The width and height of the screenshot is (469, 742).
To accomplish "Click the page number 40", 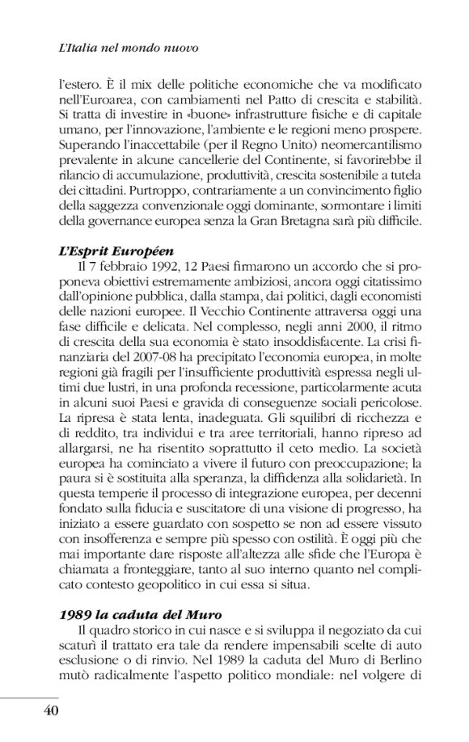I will click(x=46, y=710).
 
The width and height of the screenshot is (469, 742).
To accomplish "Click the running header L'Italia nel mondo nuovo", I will click(x=130, y=49).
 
